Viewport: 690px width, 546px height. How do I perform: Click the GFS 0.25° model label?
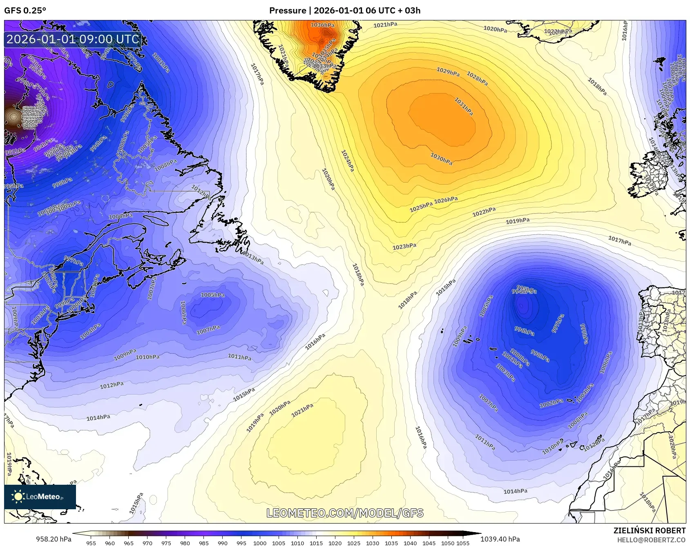point(25,11)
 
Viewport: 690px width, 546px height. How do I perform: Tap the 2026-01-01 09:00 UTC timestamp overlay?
point(73,39)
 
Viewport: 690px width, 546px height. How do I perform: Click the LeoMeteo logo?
point(40,497)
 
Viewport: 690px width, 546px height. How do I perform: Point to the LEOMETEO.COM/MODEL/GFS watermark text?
point(345,513)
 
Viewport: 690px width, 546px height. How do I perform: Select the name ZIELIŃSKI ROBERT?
point(649,530)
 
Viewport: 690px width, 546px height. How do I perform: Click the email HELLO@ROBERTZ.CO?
point(651,540)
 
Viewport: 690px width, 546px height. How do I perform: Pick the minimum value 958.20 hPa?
point(54,539)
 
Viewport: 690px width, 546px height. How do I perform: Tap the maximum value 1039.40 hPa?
point(500,539)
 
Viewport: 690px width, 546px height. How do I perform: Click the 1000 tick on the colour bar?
point(260,543)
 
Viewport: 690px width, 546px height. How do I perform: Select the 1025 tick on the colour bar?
point(354,543)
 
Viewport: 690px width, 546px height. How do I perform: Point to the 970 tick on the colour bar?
point(147,543)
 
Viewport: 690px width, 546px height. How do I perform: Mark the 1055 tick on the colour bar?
point(463,543)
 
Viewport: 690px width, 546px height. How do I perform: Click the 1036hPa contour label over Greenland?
point(322,25)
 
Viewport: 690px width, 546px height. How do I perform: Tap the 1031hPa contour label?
point(464,106)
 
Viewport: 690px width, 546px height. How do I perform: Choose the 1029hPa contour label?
point(448,72)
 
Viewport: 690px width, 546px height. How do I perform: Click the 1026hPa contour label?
point(446,200)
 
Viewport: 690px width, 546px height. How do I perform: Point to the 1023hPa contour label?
point(404,247)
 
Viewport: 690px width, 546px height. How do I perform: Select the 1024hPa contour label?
point(348,160)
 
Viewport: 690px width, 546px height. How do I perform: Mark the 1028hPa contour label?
point(477,79)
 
